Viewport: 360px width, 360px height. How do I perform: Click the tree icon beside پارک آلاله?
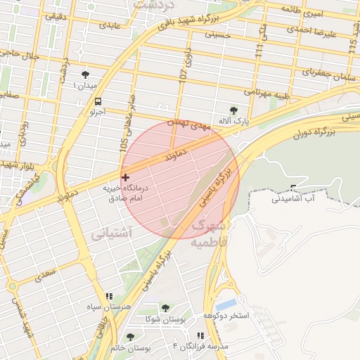tap(233, 110)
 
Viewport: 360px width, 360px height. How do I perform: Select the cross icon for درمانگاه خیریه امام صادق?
tap(125, 177)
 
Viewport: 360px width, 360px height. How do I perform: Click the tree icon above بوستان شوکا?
tap(165, 308)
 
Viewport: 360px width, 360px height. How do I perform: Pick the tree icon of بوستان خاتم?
tap(129, 337)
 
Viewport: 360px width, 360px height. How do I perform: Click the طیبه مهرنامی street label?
tap(267, 92)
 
